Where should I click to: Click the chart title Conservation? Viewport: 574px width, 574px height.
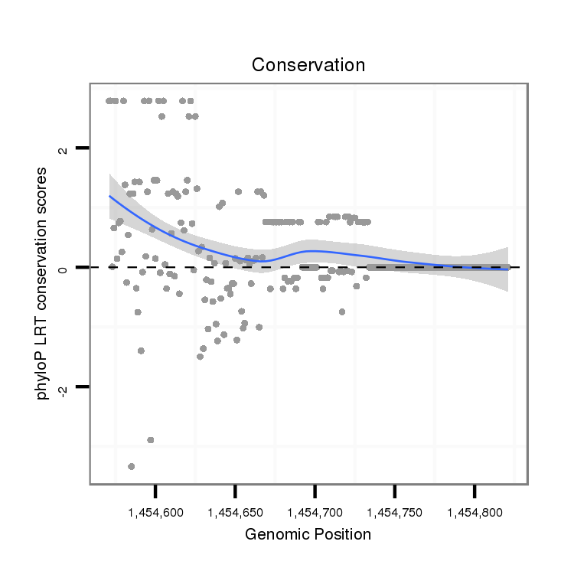[308, 65]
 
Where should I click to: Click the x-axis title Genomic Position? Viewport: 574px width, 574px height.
[308, 534]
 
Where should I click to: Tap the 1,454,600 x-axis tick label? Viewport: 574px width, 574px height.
[155, 509]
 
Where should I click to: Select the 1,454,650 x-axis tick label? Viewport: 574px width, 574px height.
[235, 509]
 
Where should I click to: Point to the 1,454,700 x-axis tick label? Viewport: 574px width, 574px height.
[315, 509]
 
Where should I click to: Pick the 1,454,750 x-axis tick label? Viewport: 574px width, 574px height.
[394, 509]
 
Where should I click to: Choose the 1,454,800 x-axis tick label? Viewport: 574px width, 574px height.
[474, 509]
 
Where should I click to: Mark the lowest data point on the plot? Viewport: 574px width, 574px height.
[132, 466]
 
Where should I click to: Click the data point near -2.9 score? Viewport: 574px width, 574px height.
[151, 440]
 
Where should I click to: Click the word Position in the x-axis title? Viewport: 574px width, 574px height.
[344, 534]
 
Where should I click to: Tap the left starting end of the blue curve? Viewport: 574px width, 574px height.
[109, 196]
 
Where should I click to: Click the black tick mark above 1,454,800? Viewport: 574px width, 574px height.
[474, 490]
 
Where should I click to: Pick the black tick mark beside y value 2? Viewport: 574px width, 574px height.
[83, 148]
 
